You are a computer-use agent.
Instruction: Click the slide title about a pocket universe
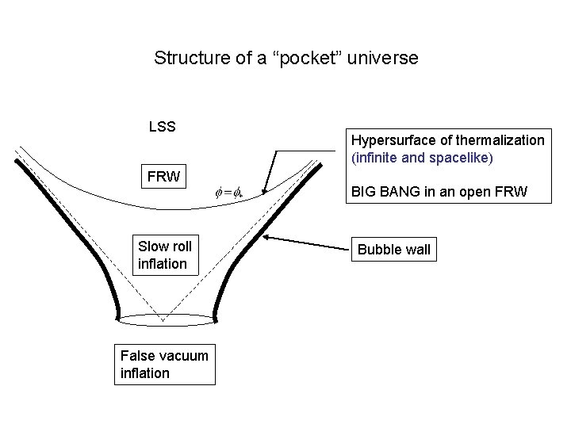coord(285,58)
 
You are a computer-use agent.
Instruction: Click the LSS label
coord(163,126)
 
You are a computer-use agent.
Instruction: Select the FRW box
coord(163,177)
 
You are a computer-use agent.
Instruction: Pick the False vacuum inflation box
coord(163,364)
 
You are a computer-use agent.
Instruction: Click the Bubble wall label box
coord(395,250)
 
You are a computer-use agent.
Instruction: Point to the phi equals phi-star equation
coord(233,192)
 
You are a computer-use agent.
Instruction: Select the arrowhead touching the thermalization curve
coord(263,190)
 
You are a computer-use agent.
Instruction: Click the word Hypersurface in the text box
coord(389,140)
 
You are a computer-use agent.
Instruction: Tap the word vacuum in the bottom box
coord(181,355)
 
